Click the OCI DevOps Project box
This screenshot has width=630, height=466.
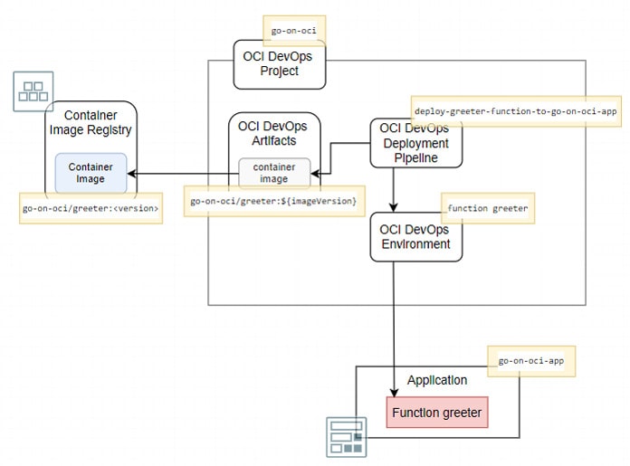pos(278,64)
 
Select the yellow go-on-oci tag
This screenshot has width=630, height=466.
pos(294,31)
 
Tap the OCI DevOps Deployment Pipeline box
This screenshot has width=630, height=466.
pos(415,143)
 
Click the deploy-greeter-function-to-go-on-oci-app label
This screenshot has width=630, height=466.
pos(514,110)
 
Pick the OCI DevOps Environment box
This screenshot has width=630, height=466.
pos(415,237)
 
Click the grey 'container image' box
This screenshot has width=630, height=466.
pos(274,173)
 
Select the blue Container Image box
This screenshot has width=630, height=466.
pos(91,173)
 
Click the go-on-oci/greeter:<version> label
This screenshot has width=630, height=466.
pos(91,208)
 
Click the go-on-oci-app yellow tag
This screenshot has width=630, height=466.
pos(531,360)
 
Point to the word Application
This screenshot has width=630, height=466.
pos(437,380)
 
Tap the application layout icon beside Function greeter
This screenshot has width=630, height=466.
pos(346,437)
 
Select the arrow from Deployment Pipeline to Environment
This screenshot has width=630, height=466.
pos(393,190)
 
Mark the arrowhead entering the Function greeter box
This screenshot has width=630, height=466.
pos(393,391)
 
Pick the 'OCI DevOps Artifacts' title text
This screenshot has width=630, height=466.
pos(274,134)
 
